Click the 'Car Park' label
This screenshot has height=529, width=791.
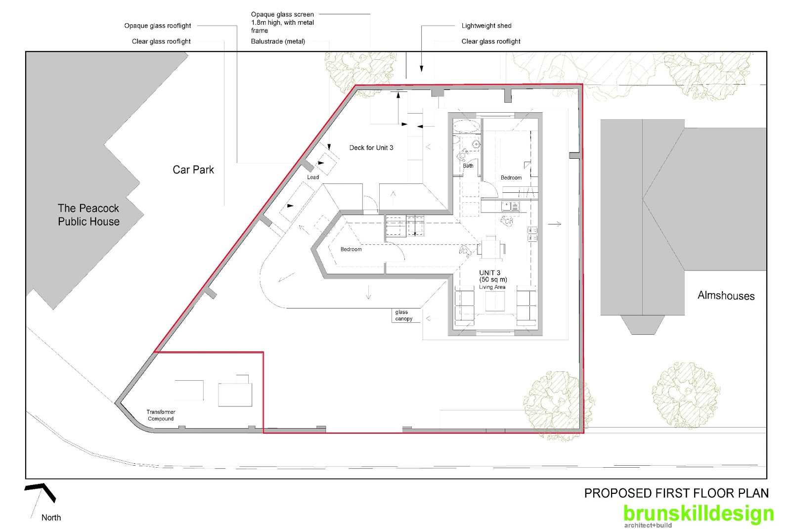(x=193, y=170)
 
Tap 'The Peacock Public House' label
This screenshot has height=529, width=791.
(x=88, y=215)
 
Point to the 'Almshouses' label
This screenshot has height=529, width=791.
(x=726, y=295)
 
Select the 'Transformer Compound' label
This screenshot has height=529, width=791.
(x=161, y=415)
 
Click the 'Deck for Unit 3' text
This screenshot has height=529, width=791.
(x=371, y=148)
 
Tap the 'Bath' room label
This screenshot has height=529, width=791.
(x=468, y=166)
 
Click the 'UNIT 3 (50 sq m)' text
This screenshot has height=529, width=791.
(x=493, y=276)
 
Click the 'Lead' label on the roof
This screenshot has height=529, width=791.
(x=313, y=177)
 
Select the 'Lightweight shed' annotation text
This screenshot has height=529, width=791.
(x=486, y=26)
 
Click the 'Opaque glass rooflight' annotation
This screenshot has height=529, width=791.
(x=158, y=26)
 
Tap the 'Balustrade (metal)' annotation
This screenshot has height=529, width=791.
(x=278, y=42)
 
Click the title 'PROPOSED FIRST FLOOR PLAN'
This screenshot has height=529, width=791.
(x=676, y=493)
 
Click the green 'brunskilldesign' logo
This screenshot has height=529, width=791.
(x=699, y=514)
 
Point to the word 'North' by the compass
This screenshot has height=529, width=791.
(x=51, y=517)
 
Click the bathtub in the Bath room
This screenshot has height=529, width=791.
(x=467, y=126)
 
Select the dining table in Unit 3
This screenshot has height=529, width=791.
(x=491, y=249)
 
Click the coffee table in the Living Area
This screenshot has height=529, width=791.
(x=495, y=301)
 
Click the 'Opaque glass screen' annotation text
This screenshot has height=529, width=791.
(x=282, y=14)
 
